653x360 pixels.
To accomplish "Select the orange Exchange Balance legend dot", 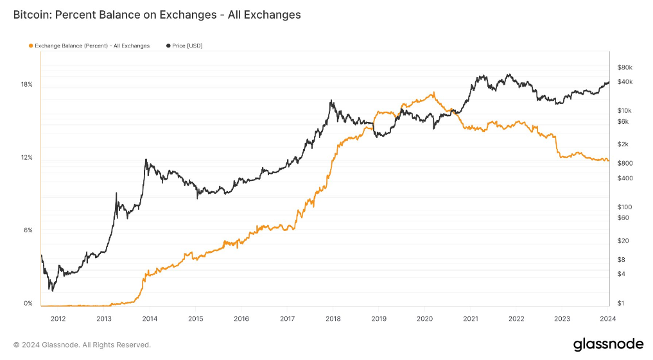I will pos(31,46).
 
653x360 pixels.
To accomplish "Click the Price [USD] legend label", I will pos(187,46).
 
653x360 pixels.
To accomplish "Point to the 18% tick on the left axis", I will pos(26,85).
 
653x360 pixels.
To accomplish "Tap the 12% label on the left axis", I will pos(26,158).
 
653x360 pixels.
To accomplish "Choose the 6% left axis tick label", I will pos(28,230).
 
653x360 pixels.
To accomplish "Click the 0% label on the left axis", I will pos(28,304).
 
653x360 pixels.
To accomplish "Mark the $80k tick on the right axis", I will pos(625,67).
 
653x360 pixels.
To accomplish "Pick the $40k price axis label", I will pos(625,82).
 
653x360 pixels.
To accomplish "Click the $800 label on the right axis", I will pos(625,164).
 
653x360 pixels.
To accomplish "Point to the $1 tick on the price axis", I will pos(622,304).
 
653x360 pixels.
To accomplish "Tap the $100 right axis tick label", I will pos(624,207).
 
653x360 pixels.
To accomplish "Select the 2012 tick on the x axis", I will pos(58,318).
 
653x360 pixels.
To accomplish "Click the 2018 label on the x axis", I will pos(333,318).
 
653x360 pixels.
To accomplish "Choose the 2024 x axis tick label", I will pos(607,318).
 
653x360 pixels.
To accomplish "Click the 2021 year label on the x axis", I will pos(470,318).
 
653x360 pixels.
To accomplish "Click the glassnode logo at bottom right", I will pos(607,345).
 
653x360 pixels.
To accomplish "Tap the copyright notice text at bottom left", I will pos(82,345).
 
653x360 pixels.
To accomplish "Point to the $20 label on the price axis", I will pos(623,241).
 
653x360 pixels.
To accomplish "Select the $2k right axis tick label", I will pos(623,144).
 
